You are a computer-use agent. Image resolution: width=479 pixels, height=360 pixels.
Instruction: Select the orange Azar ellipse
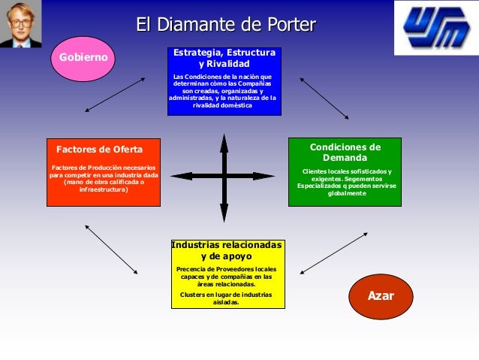(381, 296)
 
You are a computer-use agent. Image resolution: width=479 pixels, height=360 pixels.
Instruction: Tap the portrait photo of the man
(20, 23)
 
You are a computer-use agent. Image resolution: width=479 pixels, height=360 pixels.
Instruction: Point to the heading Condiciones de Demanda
(345, 153)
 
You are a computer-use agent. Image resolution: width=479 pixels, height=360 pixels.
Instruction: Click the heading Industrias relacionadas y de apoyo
(226, 250)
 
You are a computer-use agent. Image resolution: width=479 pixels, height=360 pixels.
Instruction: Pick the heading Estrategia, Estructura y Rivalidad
(224, 58)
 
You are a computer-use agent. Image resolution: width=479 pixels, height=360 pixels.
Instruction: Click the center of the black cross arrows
(224, 177)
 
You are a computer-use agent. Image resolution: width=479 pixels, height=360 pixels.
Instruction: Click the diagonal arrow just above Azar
(333, 253)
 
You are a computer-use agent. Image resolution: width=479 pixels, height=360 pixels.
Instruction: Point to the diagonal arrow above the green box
(324, 98)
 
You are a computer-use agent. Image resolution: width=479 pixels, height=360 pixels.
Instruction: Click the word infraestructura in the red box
(104, 190)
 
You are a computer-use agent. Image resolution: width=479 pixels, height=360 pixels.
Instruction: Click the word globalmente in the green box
(346, 194)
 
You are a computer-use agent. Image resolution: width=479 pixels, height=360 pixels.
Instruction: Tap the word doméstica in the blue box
(236, 106)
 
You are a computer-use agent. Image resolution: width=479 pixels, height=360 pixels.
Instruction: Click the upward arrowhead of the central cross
(224, 140)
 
